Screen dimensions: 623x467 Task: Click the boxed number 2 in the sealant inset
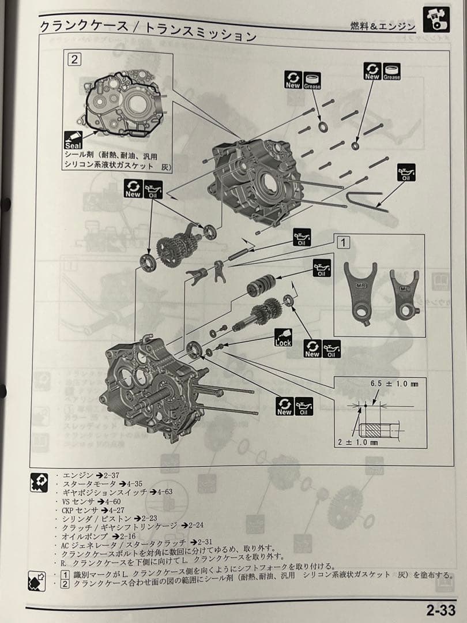75,58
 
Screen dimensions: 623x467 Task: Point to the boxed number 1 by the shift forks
344,242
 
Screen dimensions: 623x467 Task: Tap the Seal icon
75,140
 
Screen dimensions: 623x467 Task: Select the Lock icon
283,337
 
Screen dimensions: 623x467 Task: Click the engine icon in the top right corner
436,20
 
